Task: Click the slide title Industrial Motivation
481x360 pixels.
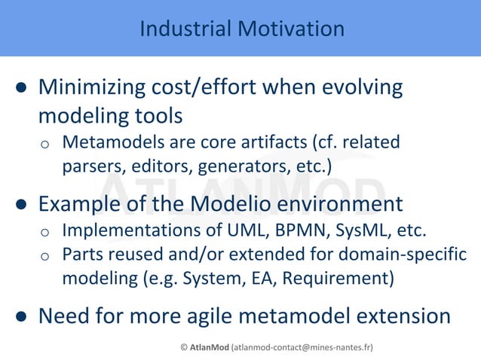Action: [241, 29]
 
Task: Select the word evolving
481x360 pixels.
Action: [360, 87]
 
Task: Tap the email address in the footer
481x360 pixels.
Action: [302, 347]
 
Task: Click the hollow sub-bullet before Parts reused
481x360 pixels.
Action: [45, 255]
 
